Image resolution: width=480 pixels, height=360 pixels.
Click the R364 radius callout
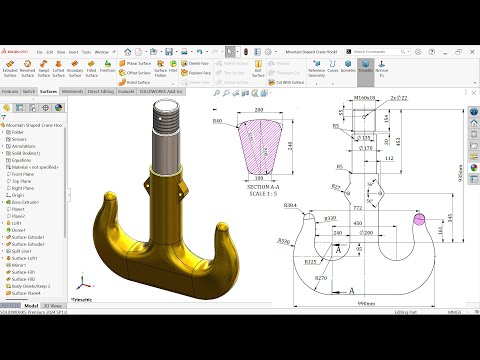tap(291, 205)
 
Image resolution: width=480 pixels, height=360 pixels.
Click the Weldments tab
tap(73, 90)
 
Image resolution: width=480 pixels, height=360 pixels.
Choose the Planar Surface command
tap(138, 62)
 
